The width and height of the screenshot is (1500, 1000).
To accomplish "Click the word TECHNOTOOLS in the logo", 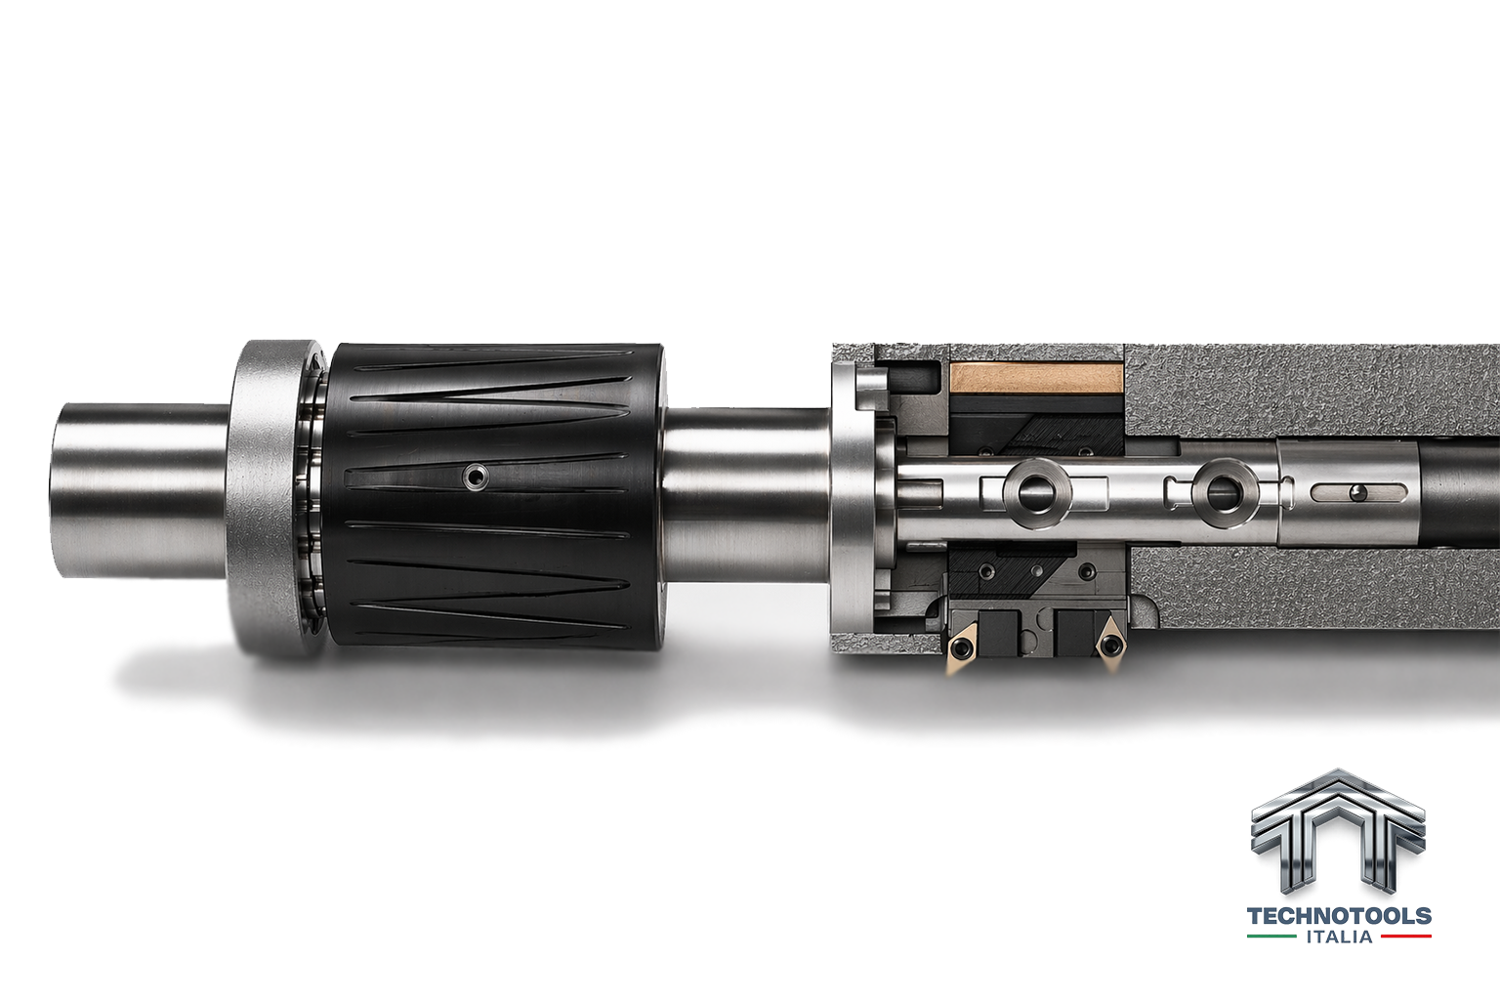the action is point(1339,916).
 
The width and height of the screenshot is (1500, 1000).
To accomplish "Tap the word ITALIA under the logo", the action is point(1339,937).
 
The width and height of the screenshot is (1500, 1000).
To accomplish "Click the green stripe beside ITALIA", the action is point(1271,937).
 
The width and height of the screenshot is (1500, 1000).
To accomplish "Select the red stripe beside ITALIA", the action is point(1406,937).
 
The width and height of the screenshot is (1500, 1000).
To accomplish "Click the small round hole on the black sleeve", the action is point(477,477).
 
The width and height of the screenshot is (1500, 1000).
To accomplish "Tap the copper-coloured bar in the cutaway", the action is point(1036,379).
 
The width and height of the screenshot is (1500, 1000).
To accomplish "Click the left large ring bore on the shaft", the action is point(1036,493).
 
